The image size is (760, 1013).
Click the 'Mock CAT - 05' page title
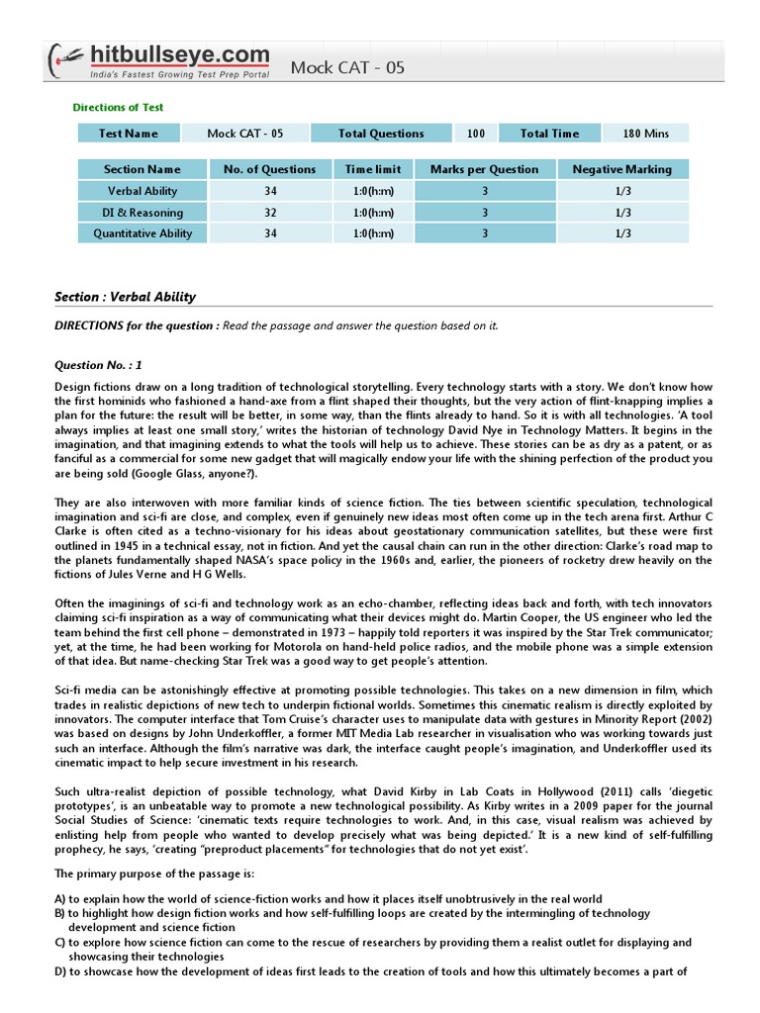click(347, 67)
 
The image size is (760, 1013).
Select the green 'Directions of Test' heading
click(119, 107)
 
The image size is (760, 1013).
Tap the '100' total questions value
click(475, 134)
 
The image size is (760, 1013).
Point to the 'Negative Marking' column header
click(621, 169)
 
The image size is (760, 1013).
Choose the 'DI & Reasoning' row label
click(142, 213)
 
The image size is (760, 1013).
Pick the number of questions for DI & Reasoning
click(270, 213)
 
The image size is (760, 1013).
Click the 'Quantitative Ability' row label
click(142, 233)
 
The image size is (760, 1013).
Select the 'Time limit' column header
click(373, 169)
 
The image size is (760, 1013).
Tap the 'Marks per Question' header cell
click(484, 169)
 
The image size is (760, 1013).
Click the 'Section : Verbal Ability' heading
click(124, 297)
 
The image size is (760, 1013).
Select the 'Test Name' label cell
click(129, 134)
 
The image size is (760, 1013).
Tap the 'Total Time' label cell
click(549, 134)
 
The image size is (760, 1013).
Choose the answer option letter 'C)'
click(60, 943)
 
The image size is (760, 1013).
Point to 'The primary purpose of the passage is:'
click(153, 874)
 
